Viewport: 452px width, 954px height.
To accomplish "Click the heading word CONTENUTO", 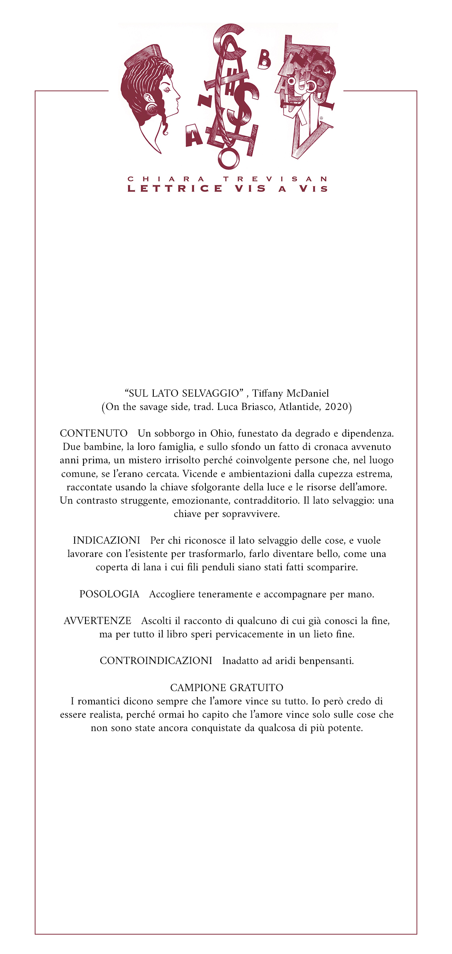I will [94, 433].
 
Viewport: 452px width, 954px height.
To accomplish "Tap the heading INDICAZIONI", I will [107, 540].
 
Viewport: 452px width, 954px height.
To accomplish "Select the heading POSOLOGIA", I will [109, 594].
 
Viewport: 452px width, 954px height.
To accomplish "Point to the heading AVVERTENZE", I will [98, 621].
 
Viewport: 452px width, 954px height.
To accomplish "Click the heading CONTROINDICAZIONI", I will [156, 661].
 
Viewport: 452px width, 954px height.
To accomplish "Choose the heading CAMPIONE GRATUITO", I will [227, 687].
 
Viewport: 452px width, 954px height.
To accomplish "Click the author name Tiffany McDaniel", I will [291, 393].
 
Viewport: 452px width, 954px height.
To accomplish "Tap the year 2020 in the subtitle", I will [336, 407].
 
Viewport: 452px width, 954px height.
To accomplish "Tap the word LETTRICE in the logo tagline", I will [175, 189].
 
